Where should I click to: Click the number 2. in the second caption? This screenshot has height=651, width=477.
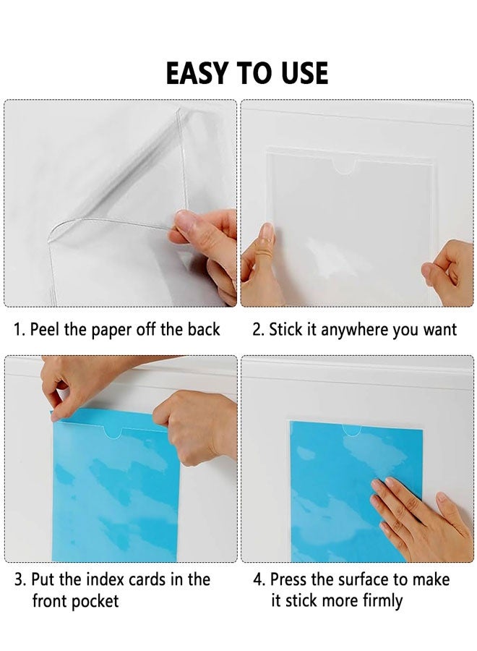pos(258,330)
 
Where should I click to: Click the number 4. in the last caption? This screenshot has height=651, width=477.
pos(259,579)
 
